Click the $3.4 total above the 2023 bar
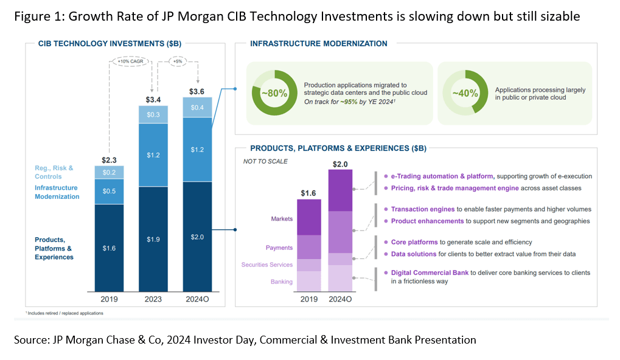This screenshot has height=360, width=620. click(153, 99)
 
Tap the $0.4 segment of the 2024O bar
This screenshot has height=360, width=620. click(197, 107)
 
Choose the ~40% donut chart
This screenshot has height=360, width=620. click(464, 93)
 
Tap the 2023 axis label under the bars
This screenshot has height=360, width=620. click(153, 299)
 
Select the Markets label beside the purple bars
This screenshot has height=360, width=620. click(281, 219)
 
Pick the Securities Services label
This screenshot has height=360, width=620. click(268, 265)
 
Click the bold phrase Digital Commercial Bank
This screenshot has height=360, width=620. click(430, 273)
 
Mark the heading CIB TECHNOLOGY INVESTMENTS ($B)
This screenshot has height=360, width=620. click(110, 44)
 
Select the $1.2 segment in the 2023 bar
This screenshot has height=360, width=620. click(153, 155)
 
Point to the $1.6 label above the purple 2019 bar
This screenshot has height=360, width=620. click(308, 193)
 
